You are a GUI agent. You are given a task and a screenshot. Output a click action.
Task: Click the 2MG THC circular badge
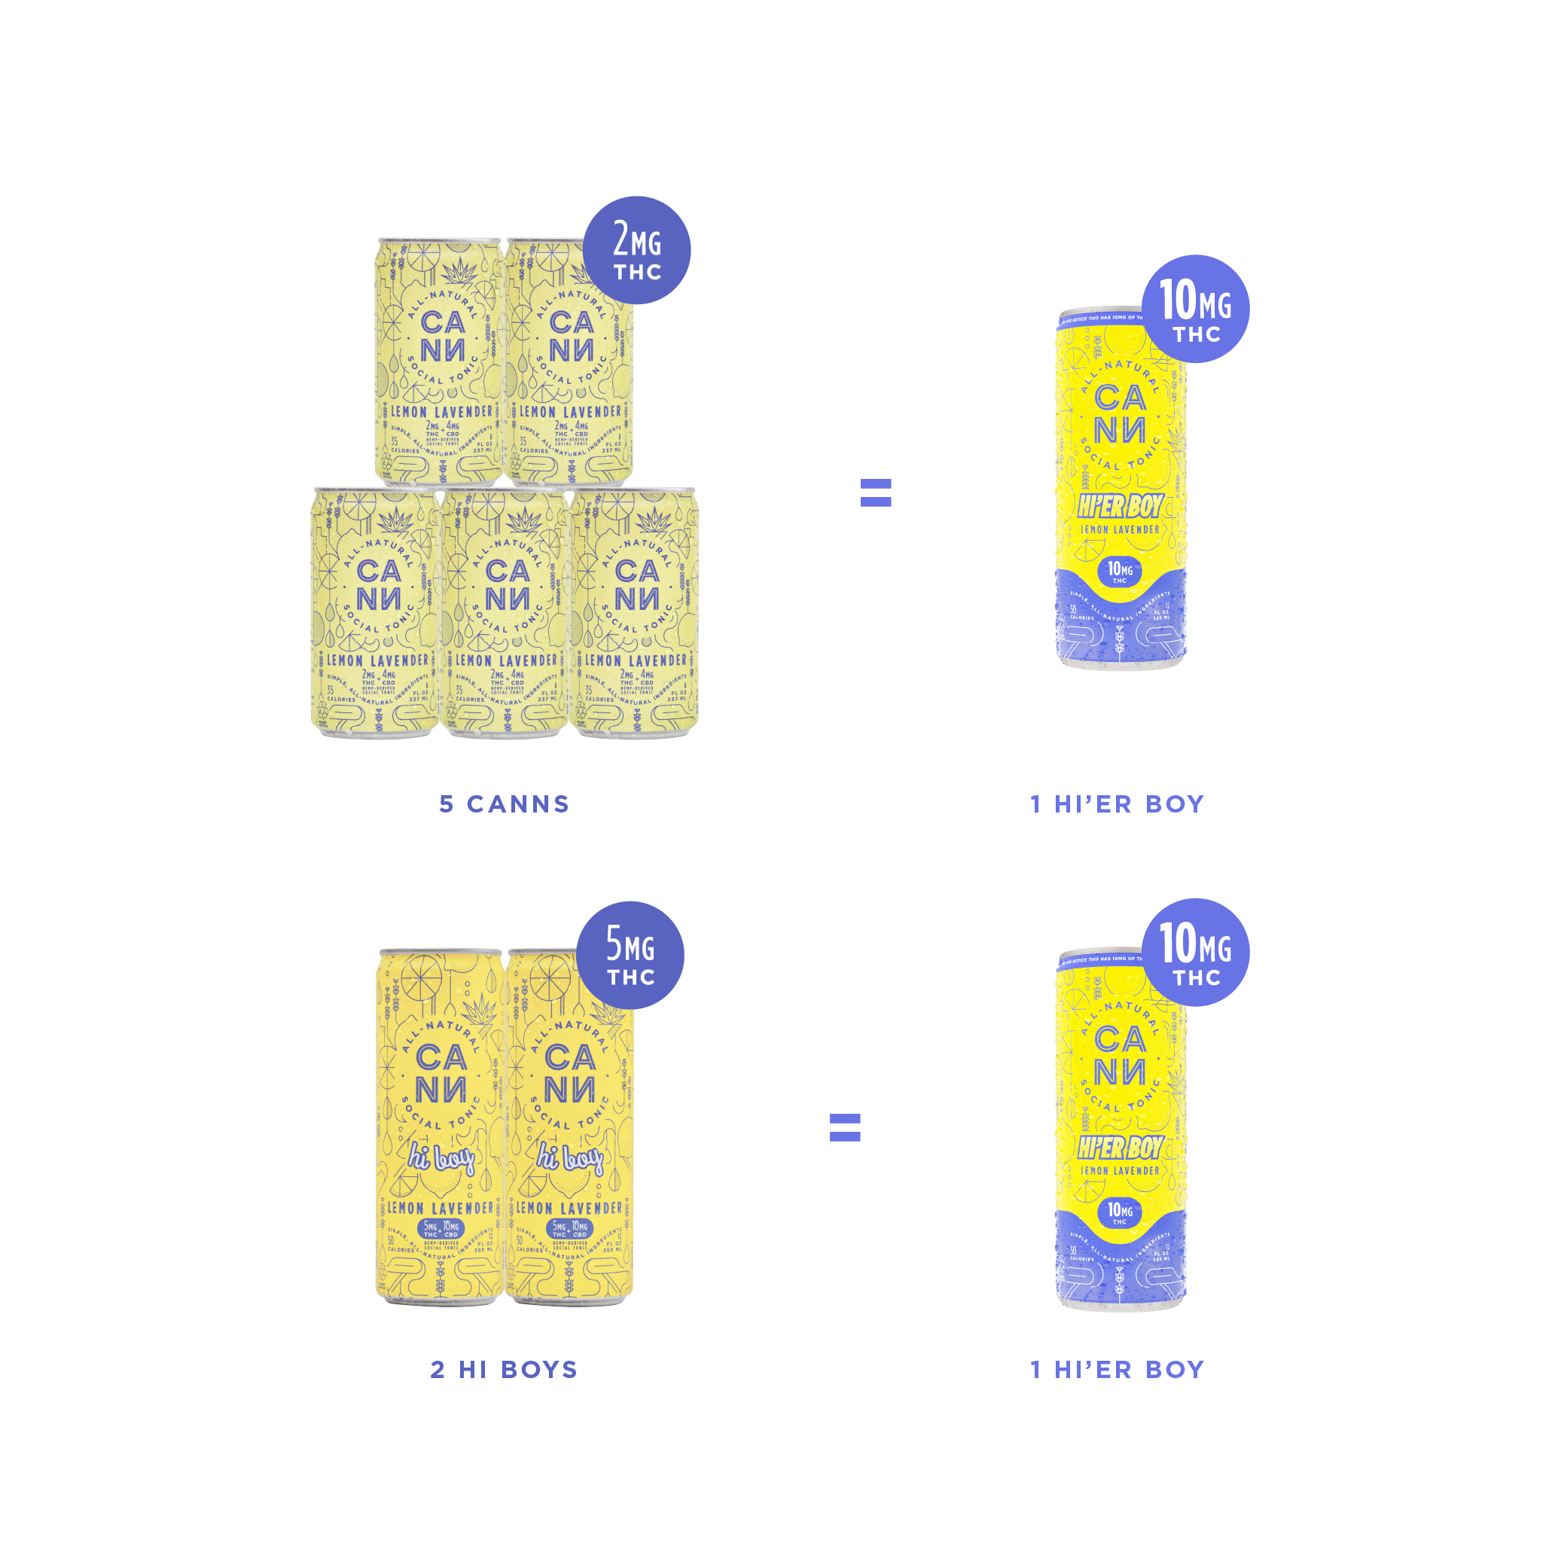coord(636,250)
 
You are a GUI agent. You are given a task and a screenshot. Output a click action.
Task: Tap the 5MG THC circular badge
coord(630,954)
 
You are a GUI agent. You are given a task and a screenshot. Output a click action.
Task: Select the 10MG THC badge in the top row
coord(1196,309)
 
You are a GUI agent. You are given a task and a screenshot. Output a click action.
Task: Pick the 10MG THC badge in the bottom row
coord(1196,952)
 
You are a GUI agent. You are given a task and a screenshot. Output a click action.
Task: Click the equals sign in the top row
coord(875,492)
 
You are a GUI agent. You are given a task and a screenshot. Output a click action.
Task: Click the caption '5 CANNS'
coord(504,804)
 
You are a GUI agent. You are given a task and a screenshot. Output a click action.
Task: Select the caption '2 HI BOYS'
coord(504,1370)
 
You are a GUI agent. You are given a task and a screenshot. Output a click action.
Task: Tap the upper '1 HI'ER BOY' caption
coord(1118,804)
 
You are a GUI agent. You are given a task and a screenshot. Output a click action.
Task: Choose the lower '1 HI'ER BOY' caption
coord(1118,1370)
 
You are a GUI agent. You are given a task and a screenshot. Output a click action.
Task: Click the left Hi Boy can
coord(439,1126)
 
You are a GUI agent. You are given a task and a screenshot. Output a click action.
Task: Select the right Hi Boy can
coord(569,1126)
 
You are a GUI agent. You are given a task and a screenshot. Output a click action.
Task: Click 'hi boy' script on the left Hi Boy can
coord(441,1157)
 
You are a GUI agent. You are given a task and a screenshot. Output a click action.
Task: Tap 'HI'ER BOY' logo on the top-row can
coord(1120,505)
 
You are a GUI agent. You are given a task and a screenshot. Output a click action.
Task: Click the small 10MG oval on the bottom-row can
coord(1120,1212)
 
